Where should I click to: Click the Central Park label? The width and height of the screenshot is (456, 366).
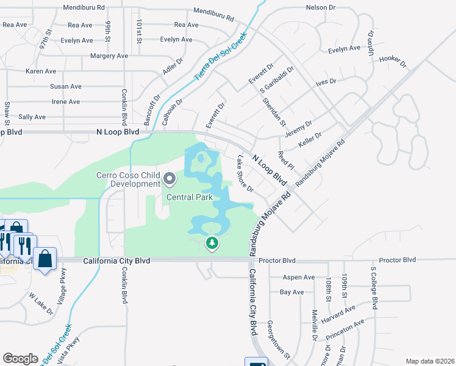[x=189, y=197]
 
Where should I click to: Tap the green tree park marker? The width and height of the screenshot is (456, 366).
[x=212, y=243]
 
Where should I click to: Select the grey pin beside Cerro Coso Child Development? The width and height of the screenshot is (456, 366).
[x=169, y=179]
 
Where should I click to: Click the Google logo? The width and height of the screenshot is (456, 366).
[x=20, y=358]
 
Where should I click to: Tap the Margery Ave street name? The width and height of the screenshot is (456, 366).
[x=109, y=56]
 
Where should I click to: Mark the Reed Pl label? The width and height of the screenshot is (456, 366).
[x=285, y=160]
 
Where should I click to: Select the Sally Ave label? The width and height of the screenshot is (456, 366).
[x=32, y=117]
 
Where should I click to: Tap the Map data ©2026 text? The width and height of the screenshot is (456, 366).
[x=429, y=361]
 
